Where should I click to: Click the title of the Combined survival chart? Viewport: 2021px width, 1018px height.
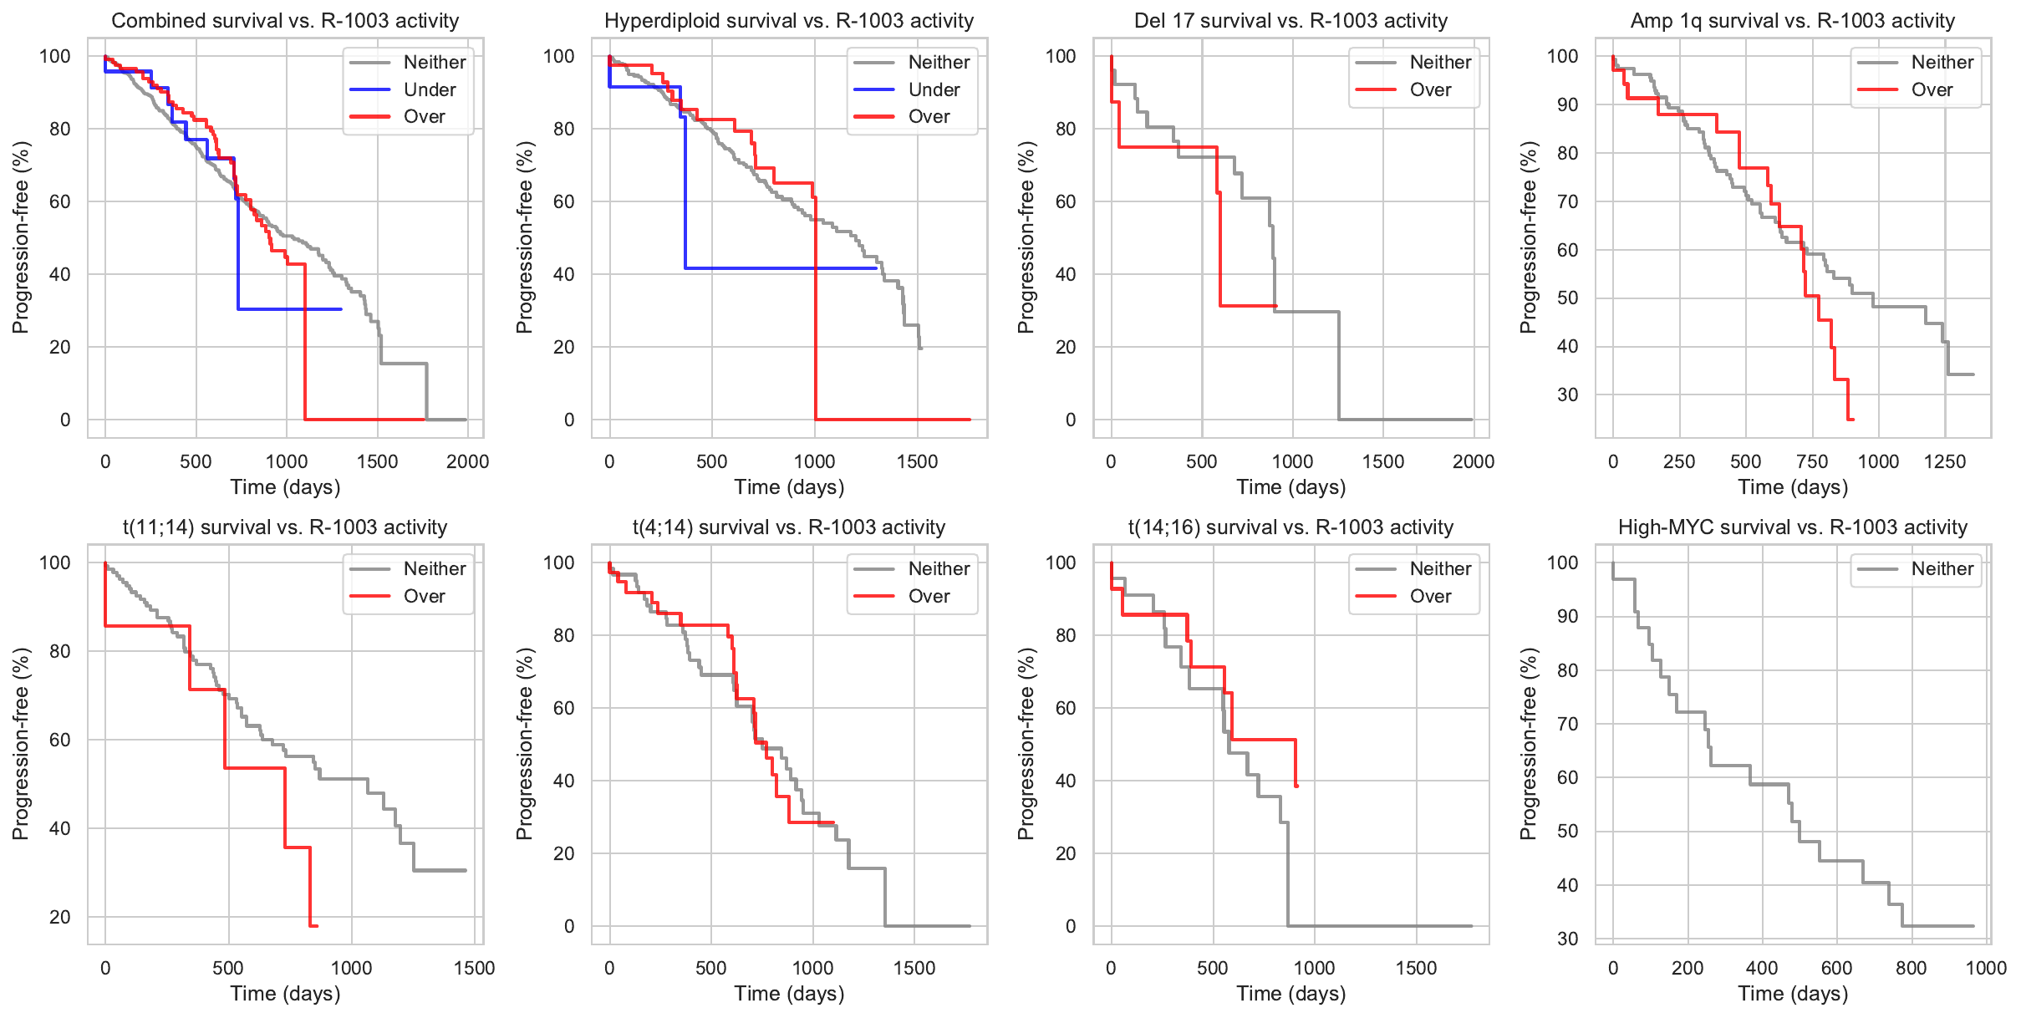pyautogui.click(x=285, y=21)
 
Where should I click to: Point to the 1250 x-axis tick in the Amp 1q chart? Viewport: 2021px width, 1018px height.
pyautogui.click(x=1945, y=461)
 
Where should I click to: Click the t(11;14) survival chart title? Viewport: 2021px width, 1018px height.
pyautogui.click(x=285, y=527)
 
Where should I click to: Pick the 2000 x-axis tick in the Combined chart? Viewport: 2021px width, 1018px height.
pyautogui.click(x=467, y=461)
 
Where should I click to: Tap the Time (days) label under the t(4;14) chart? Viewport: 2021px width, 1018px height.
pyautogui.click(x=789, y=994)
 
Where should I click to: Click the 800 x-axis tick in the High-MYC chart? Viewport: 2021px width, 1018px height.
pyautogui.click(x=1912, y=968)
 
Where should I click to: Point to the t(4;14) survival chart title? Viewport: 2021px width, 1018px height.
pyautogui.click(x=789, y=527)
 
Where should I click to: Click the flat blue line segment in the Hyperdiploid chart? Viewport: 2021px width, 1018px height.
pyautogui.click(x=781, y=268)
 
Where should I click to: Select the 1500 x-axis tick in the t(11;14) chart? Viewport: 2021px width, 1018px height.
pyautogui.click(x=475, y=968)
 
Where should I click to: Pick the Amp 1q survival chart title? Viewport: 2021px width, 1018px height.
pyautogui.click(x=1793, y=21)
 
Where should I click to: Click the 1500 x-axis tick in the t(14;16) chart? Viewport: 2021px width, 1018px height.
pyautogui.click(x=1417, y=968)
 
